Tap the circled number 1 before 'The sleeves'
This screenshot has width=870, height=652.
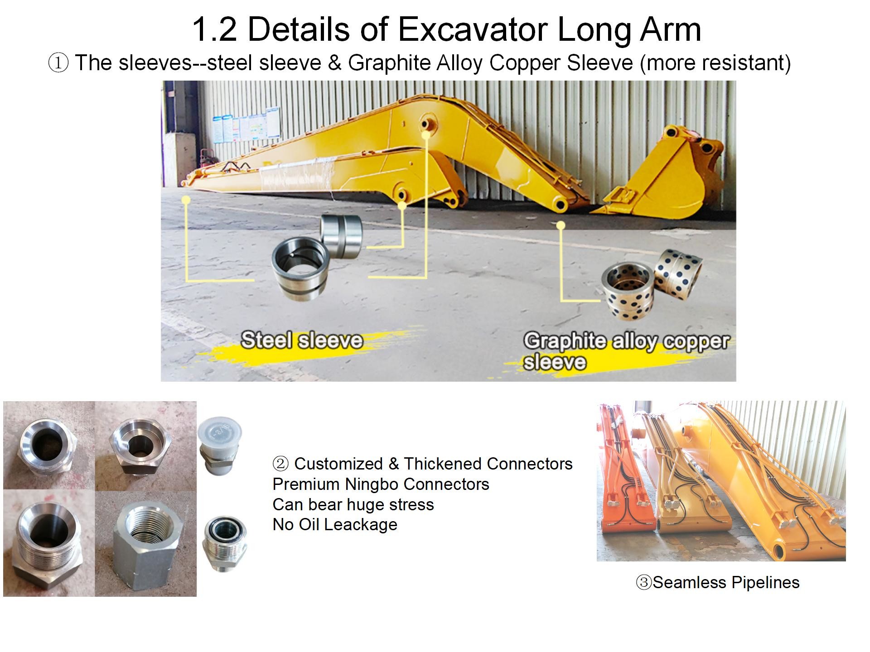[58, 63]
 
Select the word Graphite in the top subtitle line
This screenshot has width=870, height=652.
[389, 63]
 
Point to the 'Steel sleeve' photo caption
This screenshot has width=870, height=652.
[302, 340]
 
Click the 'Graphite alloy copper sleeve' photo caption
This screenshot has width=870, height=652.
[626, 351]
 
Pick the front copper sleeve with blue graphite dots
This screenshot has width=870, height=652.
[628, 292]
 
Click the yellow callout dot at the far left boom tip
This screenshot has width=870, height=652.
[186, 200]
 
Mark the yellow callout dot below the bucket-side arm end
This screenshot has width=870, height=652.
[561, 225]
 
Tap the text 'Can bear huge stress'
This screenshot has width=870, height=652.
[353, 504]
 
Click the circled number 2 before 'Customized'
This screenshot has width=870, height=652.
[280, 464]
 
